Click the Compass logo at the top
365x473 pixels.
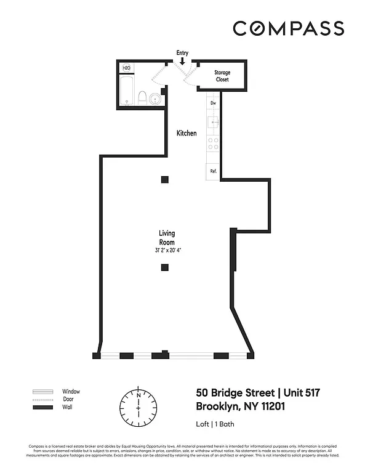pyautogui.click(x=288, y=28)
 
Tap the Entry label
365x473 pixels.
pyautogui.click(x=182, y=53)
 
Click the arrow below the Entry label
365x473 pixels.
pyautogui.click(x=182, y=61)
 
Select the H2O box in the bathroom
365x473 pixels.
pyautogui.click(x=127, y=68)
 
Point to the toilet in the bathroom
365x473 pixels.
pyautogui.click(x=142, y=98)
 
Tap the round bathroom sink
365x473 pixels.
pyautogui.click(x=156, y=99)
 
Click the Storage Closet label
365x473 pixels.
pyautogui.click(x=222, y=76)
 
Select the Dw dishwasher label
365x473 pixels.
pyautogui.click(x=213, y=103)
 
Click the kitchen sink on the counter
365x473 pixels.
pyautogui.click(x=214, y=122)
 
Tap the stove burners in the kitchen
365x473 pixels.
pyautogui.click(x=214, y=144)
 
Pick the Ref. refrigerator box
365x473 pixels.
pyautogui.click(x=214, y=171)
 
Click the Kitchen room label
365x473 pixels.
pyautogui.click(x=187, y=133)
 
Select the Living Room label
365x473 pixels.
pyautogui.click(x=167, y=238)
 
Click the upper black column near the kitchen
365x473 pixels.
pyautogui.click(x=164, y=179)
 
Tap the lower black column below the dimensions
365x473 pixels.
pyautogui.click(x=164, y=267)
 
